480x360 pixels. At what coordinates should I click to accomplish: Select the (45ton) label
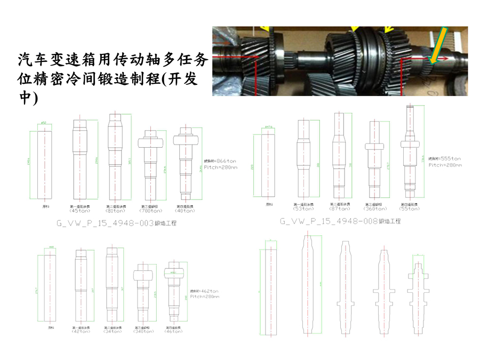tap(79, 210)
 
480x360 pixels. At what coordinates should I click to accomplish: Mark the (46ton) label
tap(175, 331)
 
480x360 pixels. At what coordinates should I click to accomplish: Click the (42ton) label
tap(81, 331)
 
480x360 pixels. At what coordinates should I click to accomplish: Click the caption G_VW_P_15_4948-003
tap(105, 223)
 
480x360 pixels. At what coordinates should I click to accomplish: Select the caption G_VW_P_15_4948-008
tap(329, 220)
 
